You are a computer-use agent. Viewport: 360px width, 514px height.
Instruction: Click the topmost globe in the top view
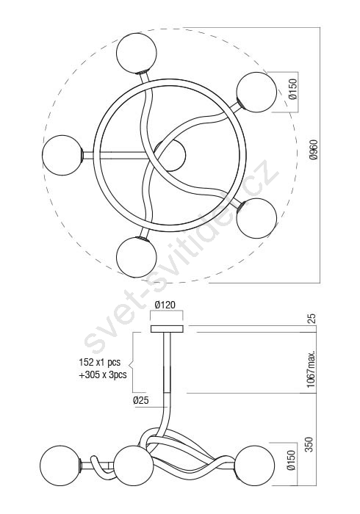tap(137, 53)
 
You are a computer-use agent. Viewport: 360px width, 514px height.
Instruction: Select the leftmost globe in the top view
tap(62, 155)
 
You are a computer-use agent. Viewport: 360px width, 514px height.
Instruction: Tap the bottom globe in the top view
tap(137, 257)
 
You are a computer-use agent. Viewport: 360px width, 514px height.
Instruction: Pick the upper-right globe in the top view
tap(256, 93)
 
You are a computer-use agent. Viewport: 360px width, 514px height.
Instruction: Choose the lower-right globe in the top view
tap(256, 217)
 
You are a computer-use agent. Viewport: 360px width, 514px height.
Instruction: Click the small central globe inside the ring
tap(170, 156)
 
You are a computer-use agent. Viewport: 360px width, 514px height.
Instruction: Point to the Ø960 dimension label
tap(314, 150)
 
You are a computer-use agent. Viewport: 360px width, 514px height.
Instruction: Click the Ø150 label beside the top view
tap(293, 89)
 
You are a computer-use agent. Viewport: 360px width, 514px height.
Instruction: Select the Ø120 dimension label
tap(165, 305)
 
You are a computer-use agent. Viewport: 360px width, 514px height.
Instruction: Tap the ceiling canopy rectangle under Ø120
tap(167, 329)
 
